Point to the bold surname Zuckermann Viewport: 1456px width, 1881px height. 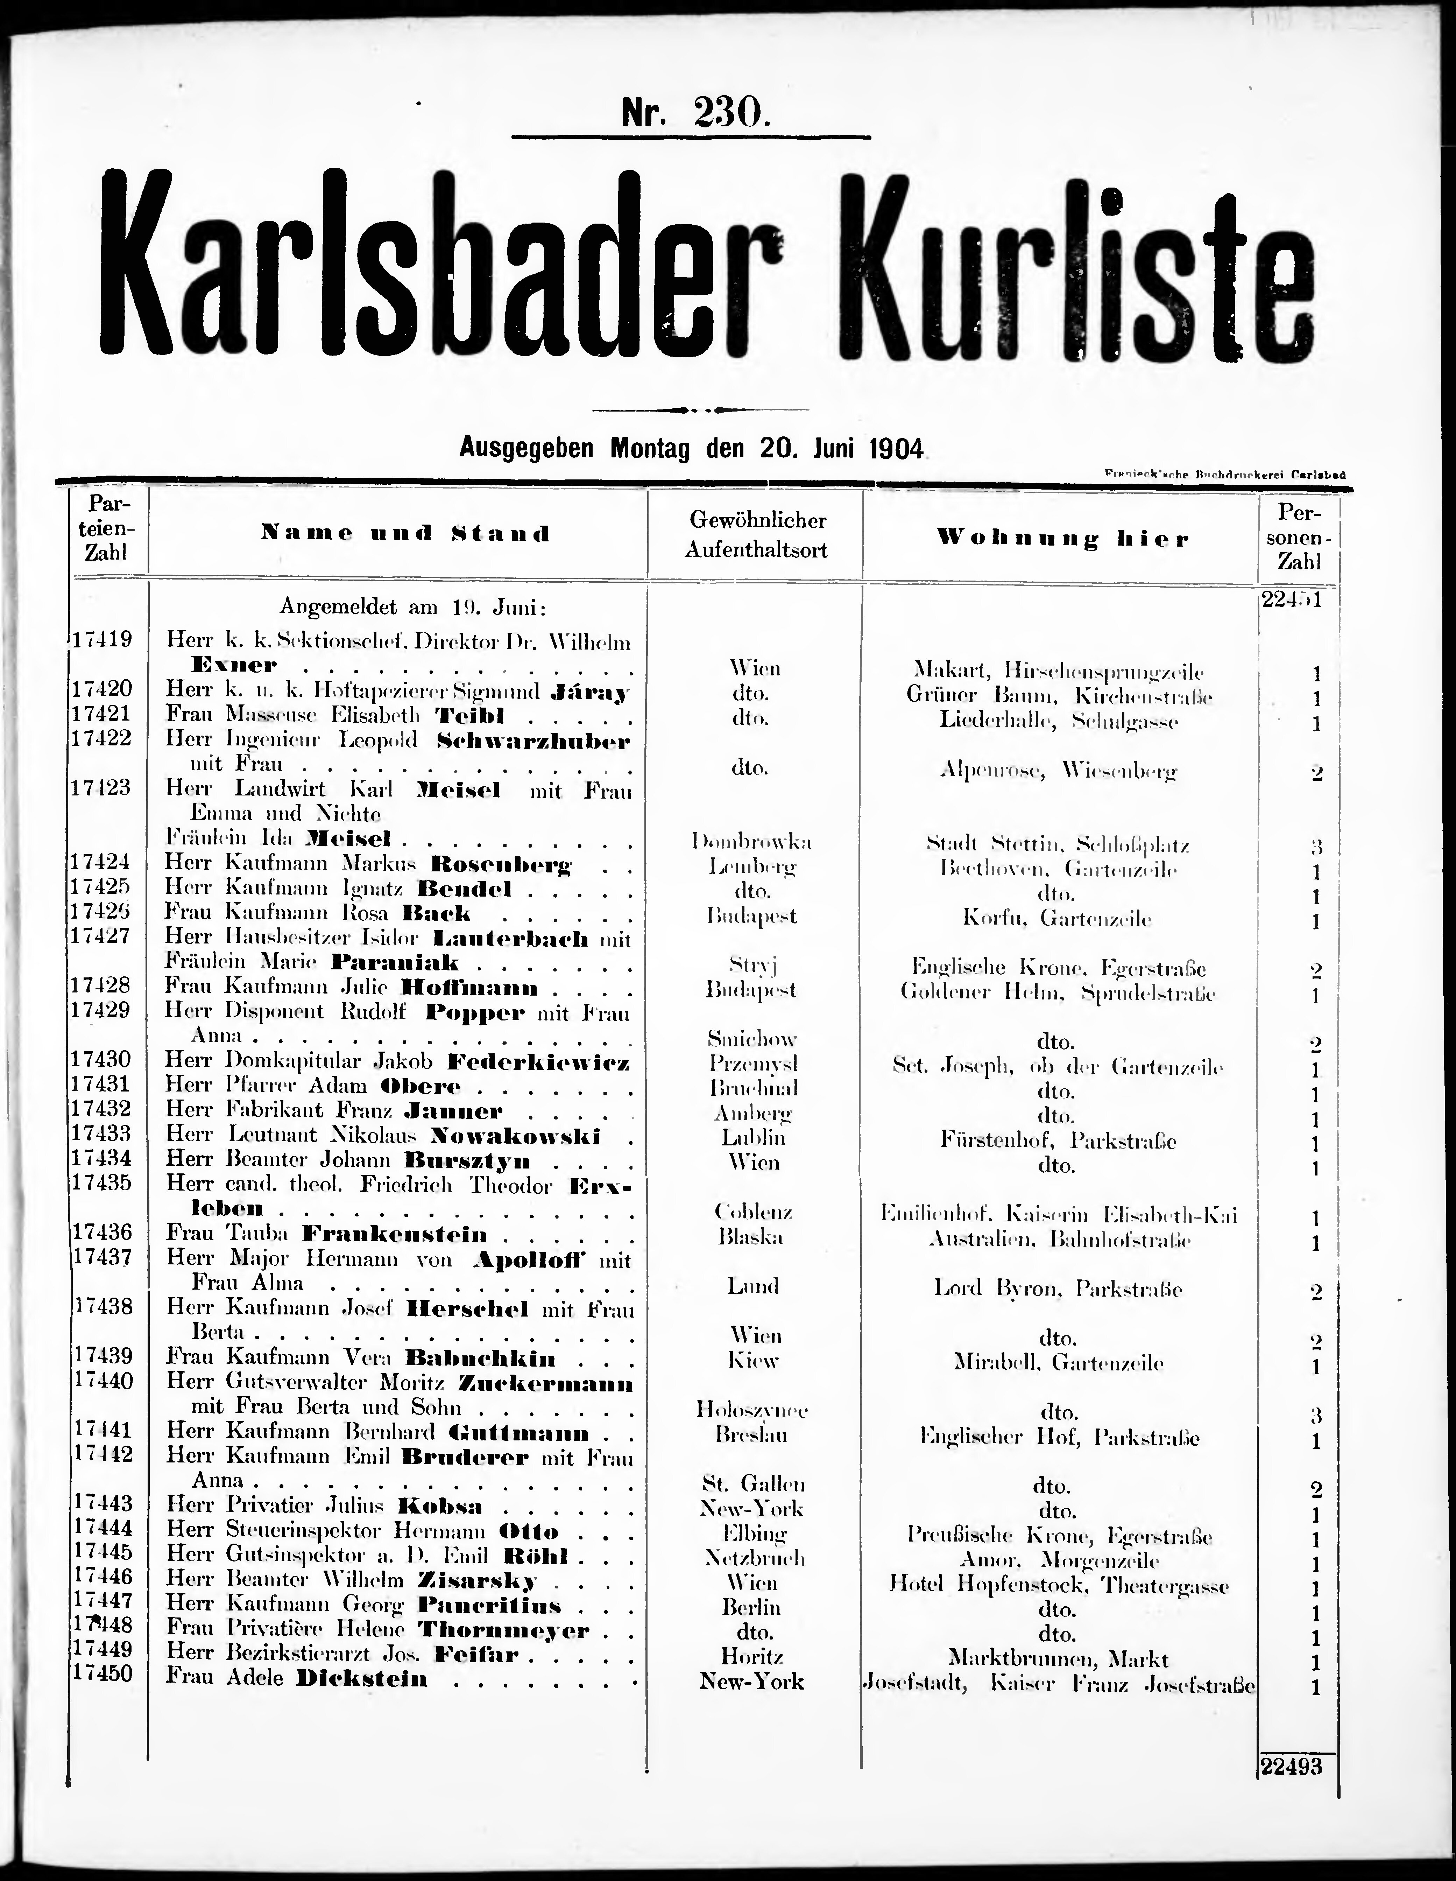(546, 1384)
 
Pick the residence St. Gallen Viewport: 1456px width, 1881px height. (752, 1484)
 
